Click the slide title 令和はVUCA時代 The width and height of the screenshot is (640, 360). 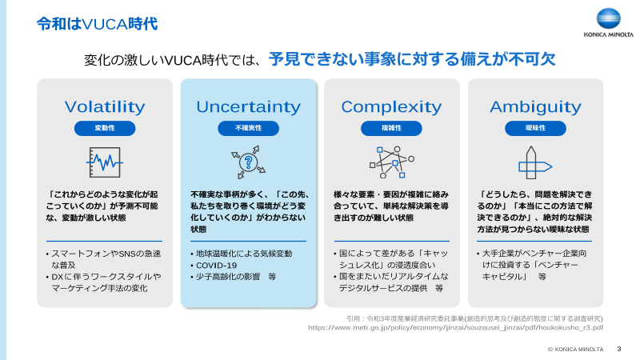click(96, 23)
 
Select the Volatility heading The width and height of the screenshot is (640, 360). click(105, 106)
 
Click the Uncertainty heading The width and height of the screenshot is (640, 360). click(249, 106)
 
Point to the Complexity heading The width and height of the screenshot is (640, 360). click(391, 106)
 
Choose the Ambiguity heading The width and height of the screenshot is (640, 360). click(535, 106)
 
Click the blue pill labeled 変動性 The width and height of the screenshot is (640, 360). click(105, 128)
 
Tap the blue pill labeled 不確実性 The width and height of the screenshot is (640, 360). click(249, 128)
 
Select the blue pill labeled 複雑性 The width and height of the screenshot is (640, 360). click(391, 128)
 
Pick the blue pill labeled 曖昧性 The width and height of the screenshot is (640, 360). click(535, 128)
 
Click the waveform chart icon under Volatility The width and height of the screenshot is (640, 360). click(105, 162)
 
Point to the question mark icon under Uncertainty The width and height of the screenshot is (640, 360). click(249, 162)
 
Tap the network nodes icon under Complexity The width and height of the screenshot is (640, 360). click(391, 162)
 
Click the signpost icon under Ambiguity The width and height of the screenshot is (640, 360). click(535, 162)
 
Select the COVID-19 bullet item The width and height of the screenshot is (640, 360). click(217, 265)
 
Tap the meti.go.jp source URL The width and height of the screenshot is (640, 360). click(455, 327)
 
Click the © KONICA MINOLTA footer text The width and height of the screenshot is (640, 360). click(575, 350)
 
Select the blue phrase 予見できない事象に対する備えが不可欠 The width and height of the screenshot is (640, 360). click(412, 60)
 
